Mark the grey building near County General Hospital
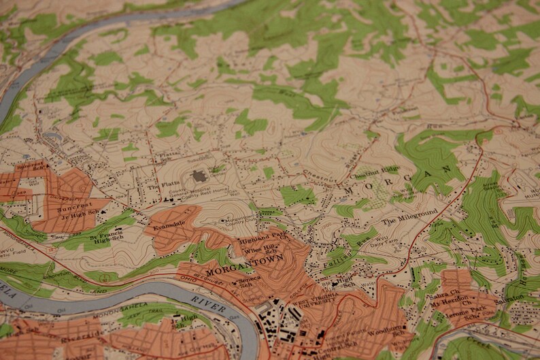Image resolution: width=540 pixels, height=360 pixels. click(199, 176)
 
